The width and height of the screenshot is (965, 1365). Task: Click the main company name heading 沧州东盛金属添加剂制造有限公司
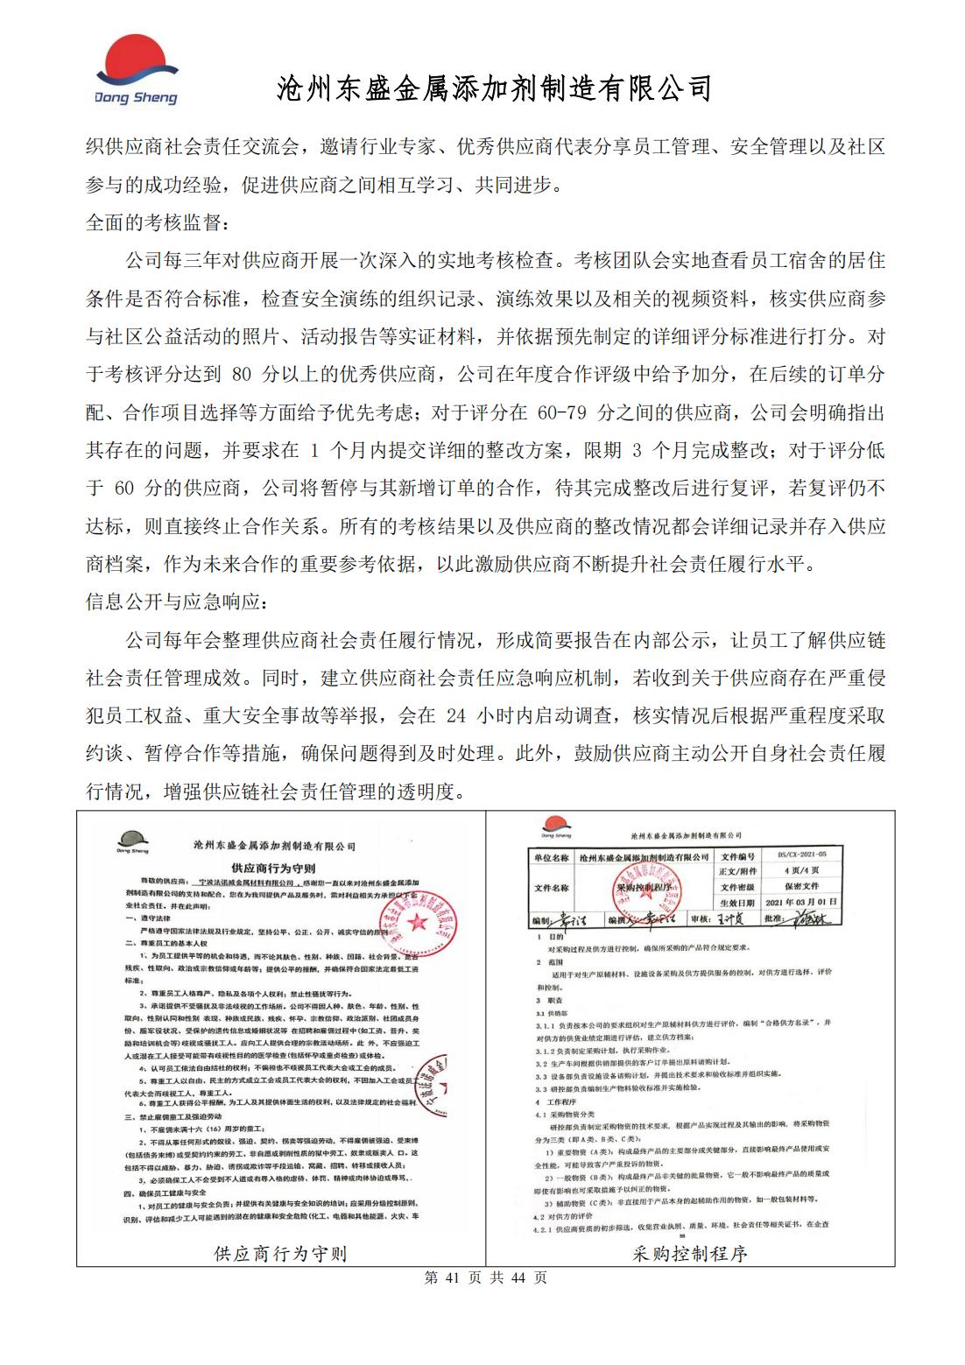tap(494, 88)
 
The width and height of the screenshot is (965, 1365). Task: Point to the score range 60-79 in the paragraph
tap(561, 412)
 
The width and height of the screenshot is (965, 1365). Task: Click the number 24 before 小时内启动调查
tap(455, 715)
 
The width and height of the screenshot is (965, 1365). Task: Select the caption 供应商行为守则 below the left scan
tap(280, 1254)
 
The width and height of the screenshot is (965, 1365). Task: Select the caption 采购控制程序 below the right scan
tap(690, 1254)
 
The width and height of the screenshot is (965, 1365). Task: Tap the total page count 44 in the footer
tap(517, 1277)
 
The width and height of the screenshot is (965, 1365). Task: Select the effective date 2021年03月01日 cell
tap(800, 902)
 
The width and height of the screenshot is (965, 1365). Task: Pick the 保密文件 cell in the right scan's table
tap(800, 886)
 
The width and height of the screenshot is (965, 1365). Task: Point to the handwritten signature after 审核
tap(725, 918)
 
